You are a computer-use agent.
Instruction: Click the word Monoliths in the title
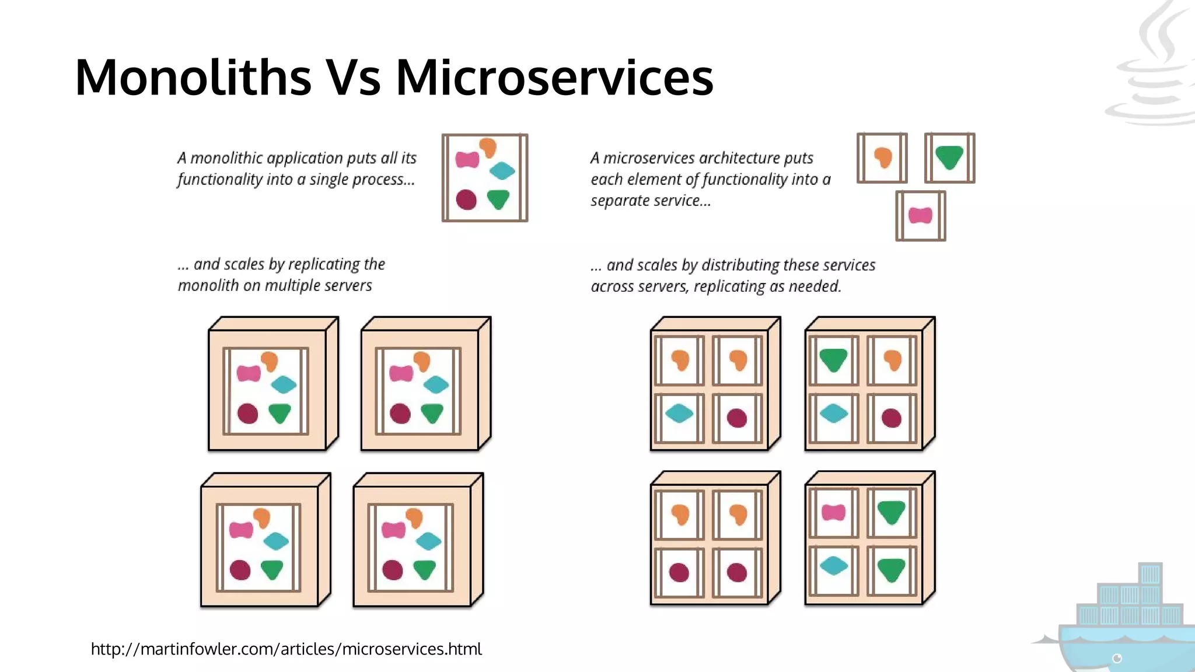193,77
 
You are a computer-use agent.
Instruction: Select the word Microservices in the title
554,77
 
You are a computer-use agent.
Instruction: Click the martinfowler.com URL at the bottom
286,649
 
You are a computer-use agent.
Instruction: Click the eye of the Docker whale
1117,659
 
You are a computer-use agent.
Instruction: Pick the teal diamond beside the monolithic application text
502,171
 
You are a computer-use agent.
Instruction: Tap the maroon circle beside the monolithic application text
466,199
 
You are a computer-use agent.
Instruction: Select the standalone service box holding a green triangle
949,158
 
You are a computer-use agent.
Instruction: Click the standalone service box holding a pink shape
921,216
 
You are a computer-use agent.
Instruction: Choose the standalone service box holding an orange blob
882,158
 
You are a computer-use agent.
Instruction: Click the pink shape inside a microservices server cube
833,513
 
